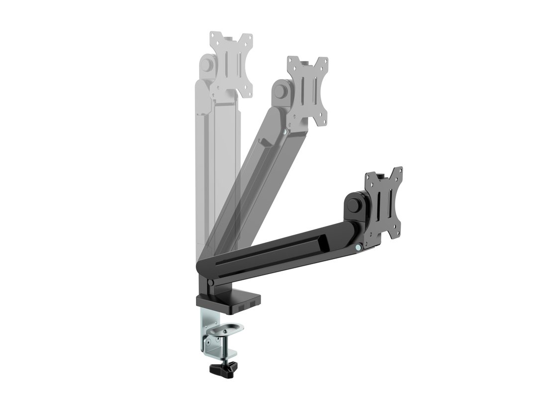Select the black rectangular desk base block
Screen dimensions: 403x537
[228, 302]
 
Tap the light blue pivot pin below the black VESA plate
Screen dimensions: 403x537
[358, 247]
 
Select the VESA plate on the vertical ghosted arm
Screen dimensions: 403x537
[230, 65]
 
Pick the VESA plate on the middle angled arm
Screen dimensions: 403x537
[308, 91]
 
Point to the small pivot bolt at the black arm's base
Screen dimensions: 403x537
[210, 283]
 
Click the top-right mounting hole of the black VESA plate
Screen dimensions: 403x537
[398, 172]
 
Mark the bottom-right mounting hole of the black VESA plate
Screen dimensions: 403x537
[397, 234]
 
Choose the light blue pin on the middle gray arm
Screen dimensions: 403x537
[284, 133]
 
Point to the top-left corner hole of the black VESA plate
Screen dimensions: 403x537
[368, 176]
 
